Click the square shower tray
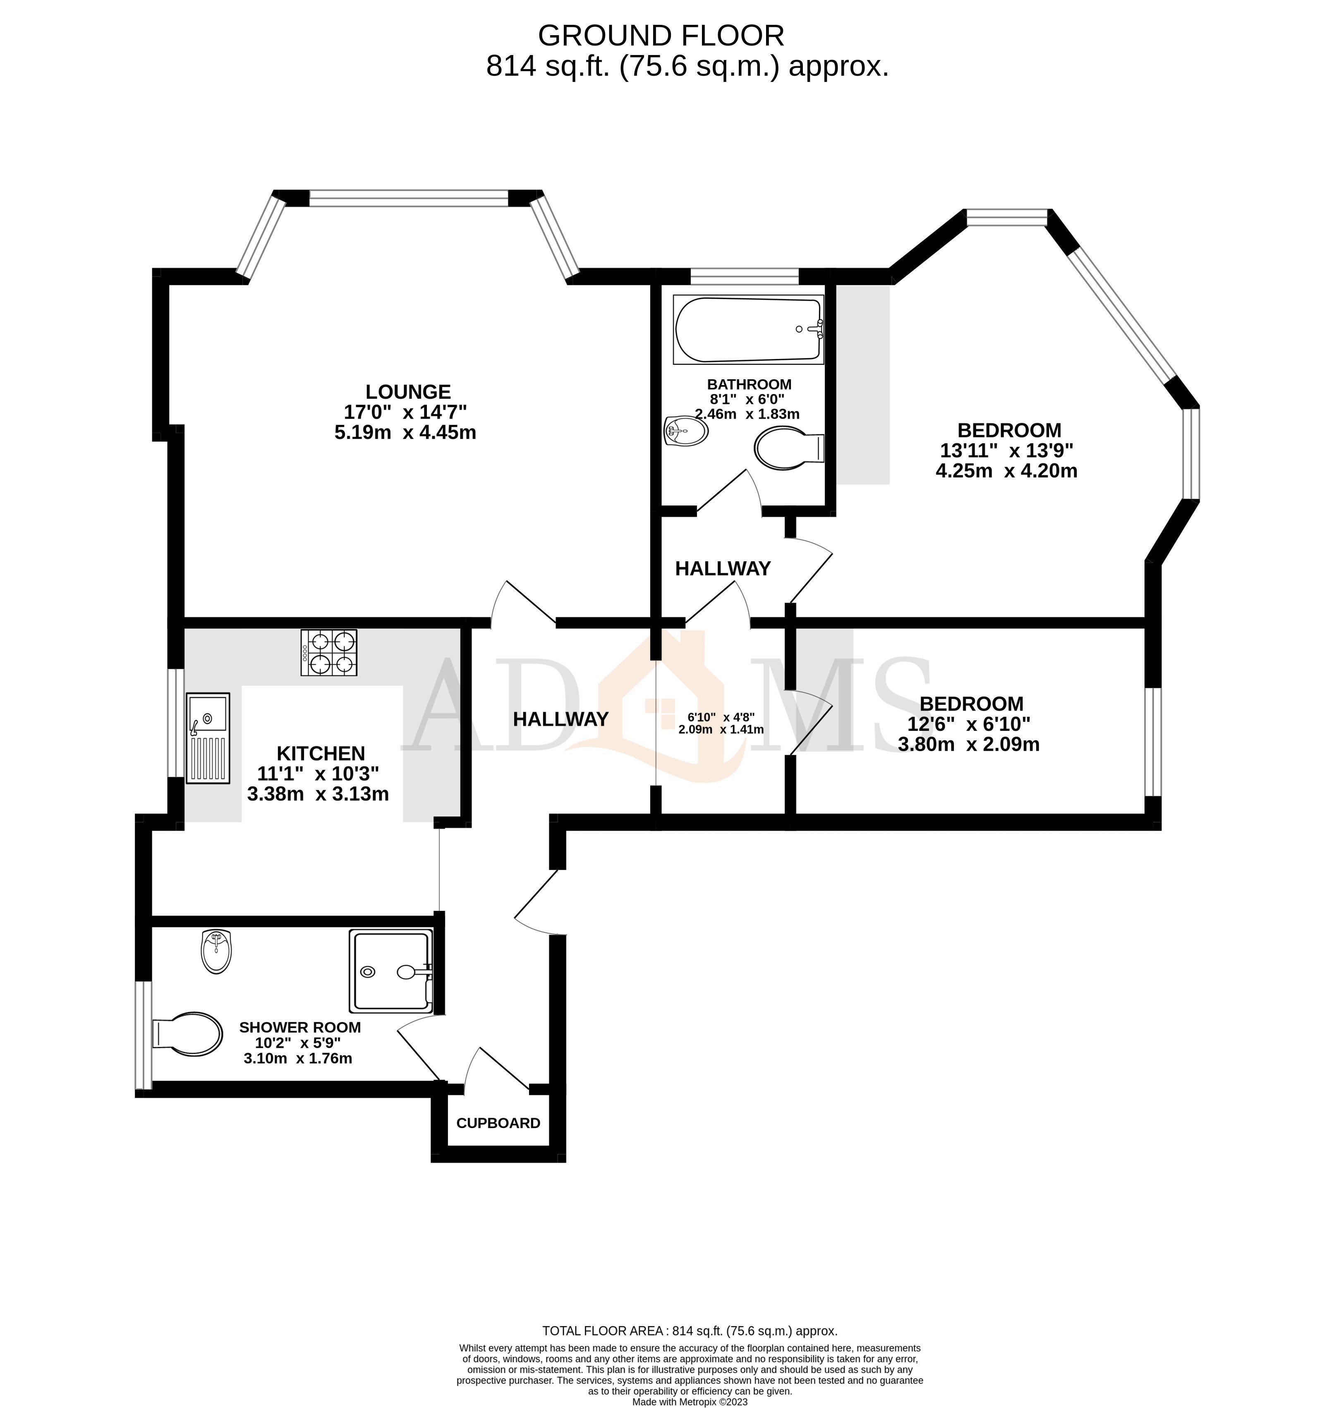pos(390,971)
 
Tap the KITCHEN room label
pos(321,753)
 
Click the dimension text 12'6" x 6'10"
pos(968,724)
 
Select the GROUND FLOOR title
pos(661,36)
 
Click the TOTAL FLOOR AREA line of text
pos(689,1331)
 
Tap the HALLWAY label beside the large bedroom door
pos(723,568)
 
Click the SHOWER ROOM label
pos(299,1027)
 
